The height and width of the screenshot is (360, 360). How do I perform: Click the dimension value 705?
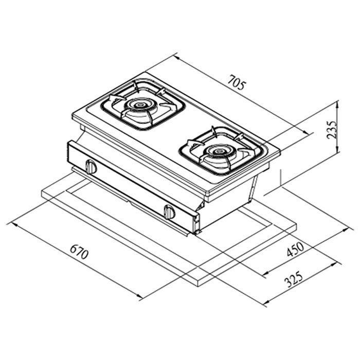point(237,82)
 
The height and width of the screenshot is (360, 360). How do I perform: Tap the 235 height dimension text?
point(332,130)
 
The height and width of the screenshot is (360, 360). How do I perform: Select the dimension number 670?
point(79,251)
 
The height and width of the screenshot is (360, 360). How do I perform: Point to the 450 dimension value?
point(295,249)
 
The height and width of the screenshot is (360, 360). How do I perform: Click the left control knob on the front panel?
point(91,167)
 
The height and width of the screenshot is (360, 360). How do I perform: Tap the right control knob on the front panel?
point(169,212)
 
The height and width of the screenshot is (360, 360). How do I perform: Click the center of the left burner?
point(139,105)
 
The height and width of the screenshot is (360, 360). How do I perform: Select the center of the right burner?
point(218,152)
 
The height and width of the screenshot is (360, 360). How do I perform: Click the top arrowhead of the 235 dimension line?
point(337,104)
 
